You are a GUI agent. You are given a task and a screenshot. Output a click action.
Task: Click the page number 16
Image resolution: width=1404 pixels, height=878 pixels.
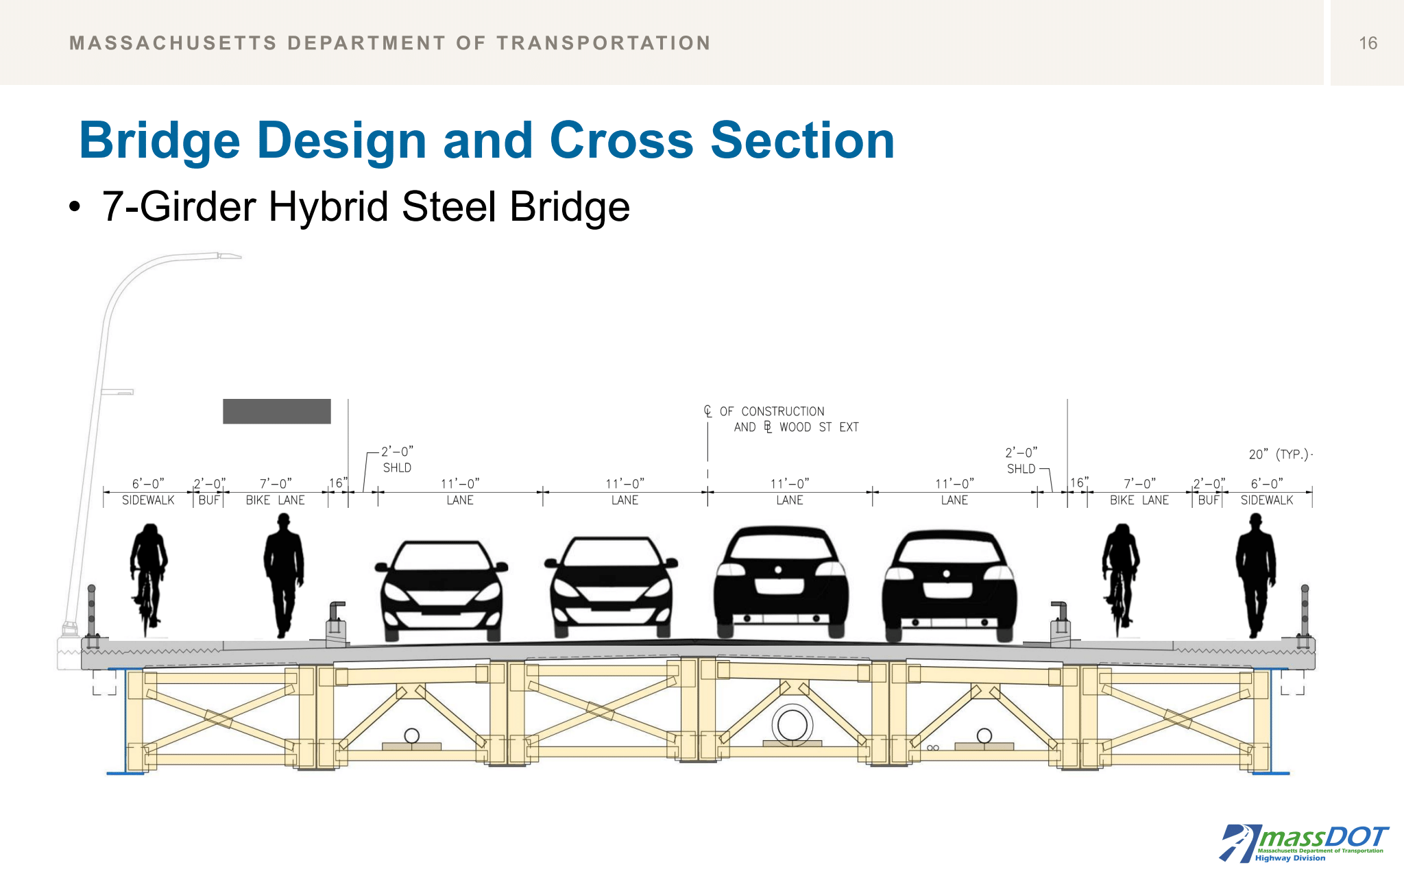tap(1368, 43)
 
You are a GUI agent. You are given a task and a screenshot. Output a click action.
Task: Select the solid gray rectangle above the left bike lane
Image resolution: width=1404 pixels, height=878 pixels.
tap(277, 411)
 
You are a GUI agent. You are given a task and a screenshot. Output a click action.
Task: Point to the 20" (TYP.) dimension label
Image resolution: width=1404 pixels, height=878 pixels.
tap(1279, 454)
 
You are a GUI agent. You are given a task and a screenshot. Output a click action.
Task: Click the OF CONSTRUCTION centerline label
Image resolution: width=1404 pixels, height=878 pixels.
tap(772, 411)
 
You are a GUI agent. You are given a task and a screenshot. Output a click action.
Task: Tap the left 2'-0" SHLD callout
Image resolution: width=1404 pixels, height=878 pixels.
tap(397, 459)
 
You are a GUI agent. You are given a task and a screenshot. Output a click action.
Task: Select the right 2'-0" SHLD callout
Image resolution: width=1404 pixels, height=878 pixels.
tap(1021, 461)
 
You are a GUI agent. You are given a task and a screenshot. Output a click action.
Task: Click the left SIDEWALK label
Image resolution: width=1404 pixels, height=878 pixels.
tap(148, 500)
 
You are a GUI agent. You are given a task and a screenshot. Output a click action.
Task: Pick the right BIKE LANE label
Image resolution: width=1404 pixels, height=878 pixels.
tap(1139, 500)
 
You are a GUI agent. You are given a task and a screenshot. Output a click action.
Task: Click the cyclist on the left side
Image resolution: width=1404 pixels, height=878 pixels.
tap(148, 576)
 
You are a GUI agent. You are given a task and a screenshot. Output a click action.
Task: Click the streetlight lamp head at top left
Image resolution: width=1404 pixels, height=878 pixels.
tap(229, 256)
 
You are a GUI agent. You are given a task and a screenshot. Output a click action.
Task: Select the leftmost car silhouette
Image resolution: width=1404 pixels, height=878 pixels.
tap(442, 589)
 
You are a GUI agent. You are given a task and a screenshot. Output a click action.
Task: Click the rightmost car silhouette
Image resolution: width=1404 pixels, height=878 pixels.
tap(948, 586)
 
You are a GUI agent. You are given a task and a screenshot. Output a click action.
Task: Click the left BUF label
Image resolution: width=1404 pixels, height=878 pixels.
tap(209, 500)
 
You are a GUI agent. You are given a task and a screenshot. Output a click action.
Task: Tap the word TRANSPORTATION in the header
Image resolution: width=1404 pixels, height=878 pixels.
tap(603, 43)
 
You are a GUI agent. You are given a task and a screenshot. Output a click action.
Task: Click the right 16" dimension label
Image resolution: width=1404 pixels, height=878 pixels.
tap(1078, 483)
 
